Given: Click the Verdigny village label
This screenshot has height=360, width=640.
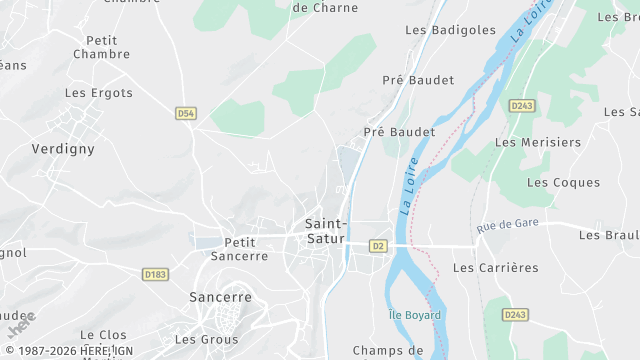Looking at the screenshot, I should tap(63, 148).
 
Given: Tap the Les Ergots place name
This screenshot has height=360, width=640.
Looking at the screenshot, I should tap(99, 93).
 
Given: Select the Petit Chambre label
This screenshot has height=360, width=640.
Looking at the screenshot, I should tap(103, 47).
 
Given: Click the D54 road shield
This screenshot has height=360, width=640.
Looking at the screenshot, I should tap(185, 114).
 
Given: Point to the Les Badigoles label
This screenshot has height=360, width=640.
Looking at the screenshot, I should tap(450, 30).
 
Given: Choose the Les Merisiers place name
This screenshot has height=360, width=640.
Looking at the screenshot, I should tap(537, 142).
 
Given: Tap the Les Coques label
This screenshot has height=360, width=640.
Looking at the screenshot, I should tap(563, 182).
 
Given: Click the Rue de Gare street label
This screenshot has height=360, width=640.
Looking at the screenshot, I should tap(508, 226).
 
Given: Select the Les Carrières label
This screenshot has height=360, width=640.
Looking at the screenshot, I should tap(495, 268).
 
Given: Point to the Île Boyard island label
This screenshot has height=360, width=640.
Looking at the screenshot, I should tap(413, 315).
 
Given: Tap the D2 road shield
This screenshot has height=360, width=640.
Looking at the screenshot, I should tap(378, 245).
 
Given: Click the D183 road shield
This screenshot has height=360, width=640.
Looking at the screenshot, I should tap(155, 274).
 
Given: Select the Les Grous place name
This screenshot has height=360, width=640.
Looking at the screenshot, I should tap(206, 339).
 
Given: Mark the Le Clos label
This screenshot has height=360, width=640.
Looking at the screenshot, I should tap(104, 335).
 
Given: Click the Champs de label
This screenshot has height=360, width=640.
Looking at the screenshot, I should tap(388, 350).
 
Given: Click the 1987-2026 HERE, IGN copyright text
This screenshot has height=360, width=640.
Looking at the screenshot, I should tap(68, 351).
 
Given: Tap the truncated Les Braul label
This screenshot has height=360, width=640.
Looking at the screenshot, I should tap(609, 235).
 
